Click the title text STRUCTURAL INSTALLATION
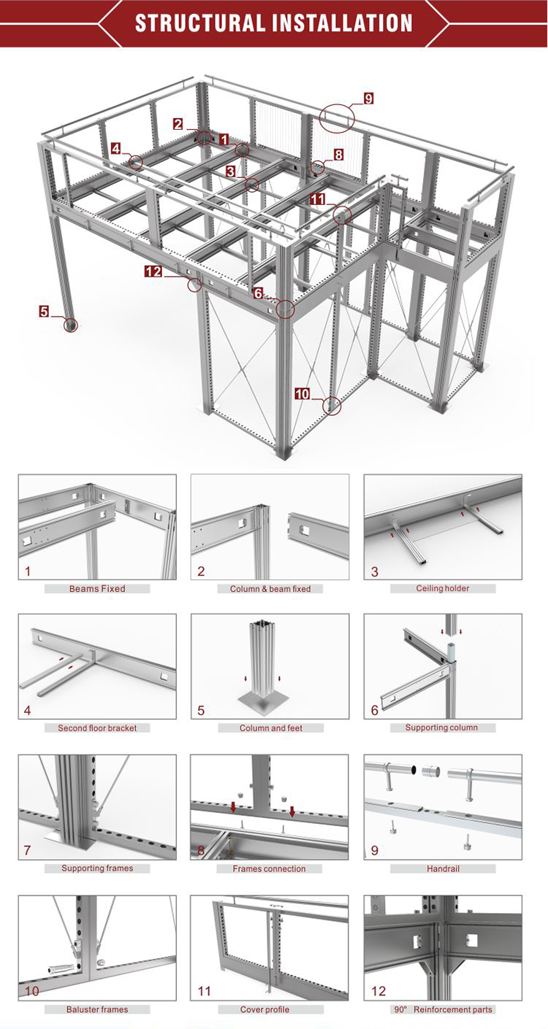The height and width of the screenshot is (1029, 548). (274, 23)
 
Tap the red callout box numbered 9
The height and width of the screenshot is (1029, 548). (368, 99)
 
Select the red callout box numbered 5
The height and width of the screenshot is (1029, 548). (45, 312)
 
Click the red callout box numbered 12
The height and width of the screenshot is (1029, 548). (153, 271)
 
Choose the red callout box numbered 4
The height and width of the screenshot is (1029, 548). (116, 148)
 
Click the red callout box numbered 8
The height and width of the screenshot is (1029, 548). (338, 155)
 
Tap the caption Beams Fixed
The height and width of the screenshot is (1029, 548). (97, 588)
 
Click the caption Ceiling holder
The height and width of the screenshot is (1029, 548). (443, 588)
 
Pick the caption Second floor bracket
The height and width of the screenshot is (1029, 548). (97, 728)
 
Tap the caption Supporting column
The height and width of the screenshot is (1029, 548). (443, 728)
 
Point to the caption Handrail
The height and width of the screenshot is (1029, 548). (443, 868)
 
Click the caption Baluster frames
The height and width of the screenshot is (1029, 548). (97, 1009)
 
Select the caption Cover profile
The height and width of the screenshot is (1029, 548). (270, 1009)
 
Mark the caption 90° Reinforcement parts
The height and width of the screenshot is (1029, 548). (443, 1009)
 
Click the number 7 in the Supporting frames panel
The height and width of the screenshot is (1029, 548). (27, 850)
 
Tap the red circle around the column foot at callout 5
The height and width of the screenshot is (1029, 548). (70, 325)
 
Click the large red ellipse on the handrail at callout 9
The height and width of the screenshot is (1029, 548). (335, 117)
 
